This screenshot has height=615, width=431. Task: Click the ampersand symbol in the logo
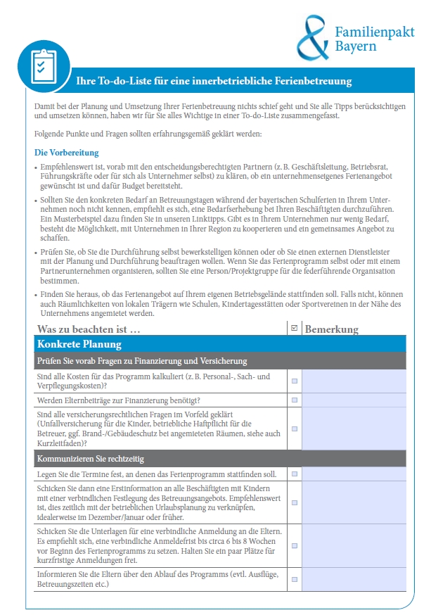312,38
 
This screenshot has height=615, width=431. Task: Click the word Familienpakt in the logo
374,32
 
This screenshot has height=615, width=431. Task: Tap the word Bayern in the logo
355,46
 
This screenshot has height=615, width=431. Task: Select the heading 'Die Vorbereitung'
67,153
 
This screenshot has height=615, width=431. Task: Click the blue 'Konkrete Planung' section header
79,344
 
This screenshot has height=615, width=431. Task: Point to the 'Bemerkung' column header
332,329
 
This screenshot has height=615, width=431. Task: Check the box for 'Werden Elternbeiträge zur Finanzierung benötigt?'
295,400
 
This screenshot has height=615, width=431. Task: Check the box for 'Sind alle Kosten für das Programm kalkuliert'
295,381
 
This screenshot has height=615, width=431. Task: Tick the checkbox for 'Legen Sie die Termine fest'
295,474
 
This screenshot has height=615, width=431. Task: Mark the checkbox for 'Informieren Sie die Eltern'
295,580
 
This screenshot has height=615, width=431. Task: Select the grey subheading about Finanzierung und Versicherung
142,361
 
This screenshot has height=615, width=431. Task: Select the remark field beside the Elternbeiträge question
354,400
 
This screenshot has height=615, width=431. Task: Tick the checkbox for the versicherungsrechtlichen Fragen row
295,429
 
